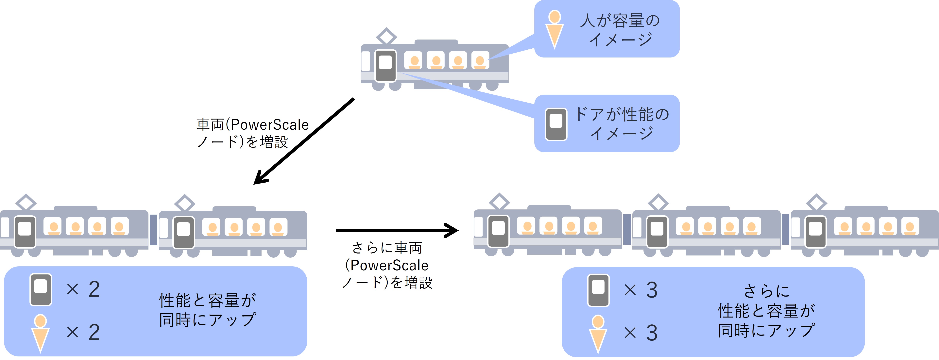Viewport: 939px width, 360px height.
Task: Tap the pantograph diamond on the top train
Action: pyautogui.click(x=386, y=36)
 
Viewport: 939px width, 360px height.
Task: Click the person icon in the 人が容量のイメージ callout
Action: pyautogui.click(x=555, y=29)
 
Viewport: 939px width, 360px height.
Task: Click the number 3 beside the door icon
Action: pyautogui.click(x=652, y=290)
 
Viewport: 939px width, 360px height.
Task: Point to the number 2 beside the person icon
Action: pyautogui.click(x=94, y=332)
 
